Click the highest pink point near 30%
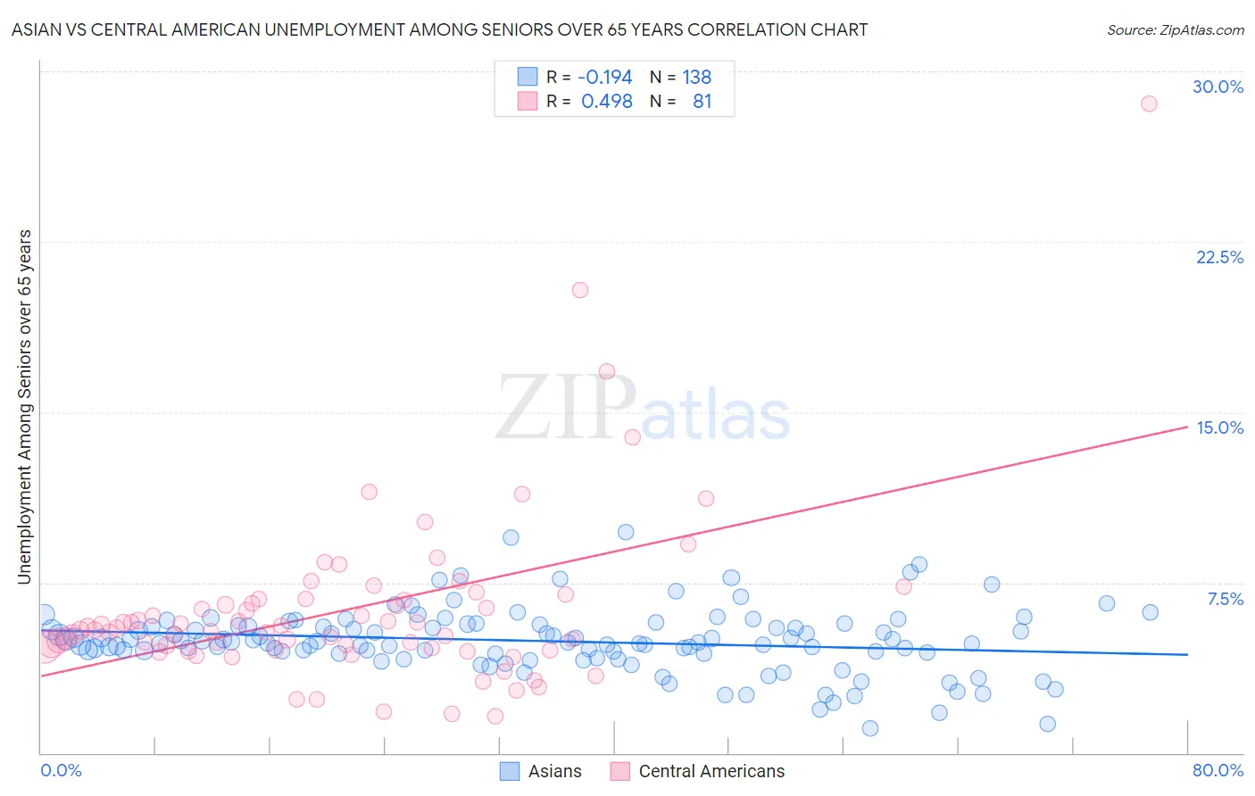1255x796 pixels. coord(1149,104)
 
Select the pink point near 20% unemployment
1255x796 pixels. coord(580,290)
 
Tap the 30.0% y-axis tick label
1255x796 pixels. coord(1218,87)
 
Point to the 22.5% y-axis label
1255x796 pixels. coord(1219,258)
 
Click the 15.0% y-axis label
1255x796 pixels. coord(1219,428)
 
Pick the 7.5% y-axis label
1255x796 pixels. coord(1225,600)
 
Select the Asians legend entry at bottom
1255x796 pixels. coord(541,771)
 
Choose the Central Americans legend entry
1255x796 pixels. coord(698,771)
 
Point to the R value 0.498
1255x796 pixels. coord(606,102)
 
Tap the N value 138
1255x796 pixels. coord(697,78)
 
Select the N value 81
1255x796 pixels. coord(702,102)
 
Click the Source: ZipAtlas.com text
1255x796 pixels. coord(1175,30)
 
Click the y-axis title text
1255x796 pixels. coord(25,407)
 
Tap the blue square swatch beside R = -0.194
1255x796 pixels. coord(528,78)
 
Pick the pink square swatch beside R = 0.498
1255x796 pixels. coord(528,102)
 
